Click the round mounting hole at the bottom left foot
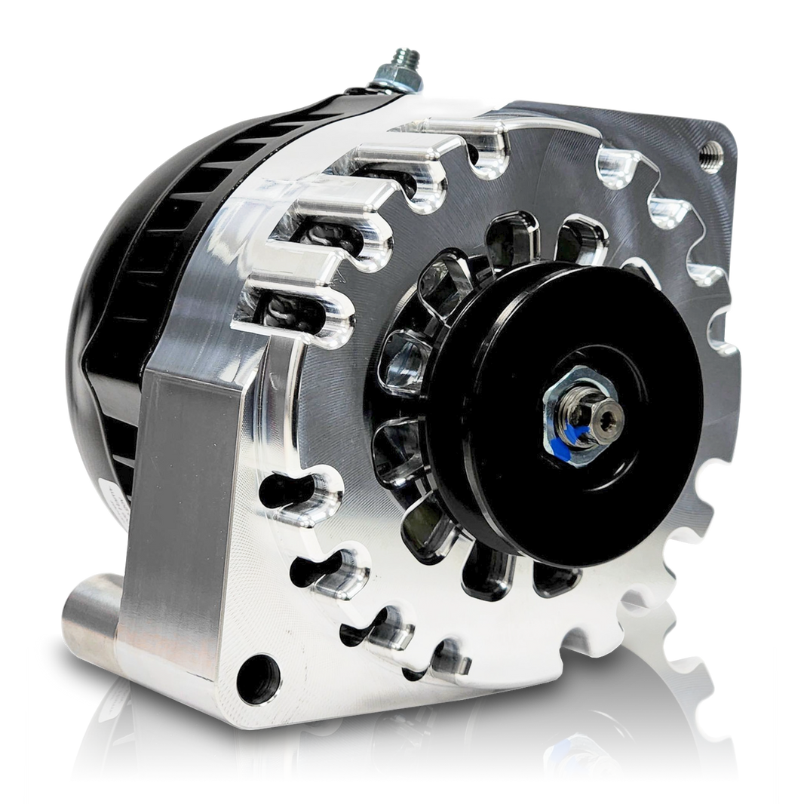(255, 671)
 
